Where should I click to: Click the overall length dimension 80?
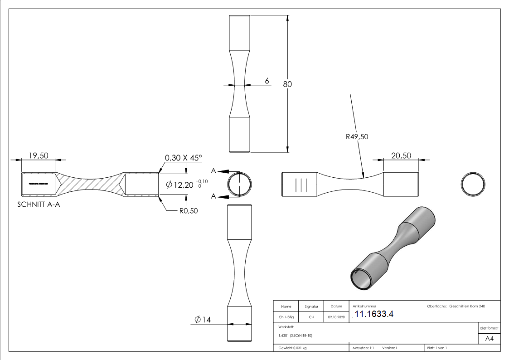(287, 84)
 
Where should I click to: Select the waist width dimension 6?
(267, 81)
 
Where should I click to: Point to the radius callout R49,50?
(357, 136)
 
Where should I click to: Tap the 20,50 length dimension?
(401, 155)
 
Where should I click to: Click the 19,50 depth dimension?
(39, 156)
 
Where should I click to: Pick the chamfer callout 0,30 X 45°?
(183, 157)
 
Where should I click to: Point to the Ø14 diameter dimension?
(203, 320)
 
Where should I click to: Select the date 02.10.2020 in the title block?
(336, 317)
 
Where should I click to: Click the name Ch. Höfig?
(286, 317)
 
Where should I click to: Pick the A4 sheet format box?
(489, 338)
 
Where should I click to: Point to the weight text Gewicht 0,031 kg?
(292, 348)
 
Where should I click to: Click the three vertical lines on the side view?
(301, 185)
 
